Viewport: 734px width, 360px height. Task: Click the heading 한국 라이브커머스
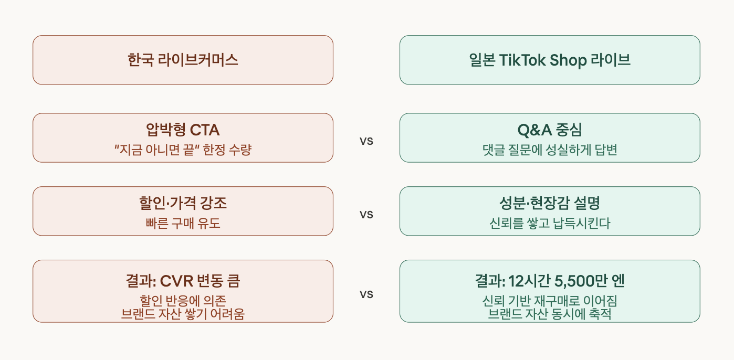coord(183,60)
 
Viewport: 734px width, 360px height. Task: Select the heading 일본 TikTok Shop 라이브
coord(550,60)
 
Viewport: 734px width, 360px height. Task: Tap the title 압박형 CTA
coord(183,130)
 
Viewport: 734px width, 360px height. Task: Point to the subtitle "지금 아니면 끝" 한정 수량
coord(183,150)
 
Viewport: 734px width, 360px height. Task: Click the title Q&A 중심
coord(550,130)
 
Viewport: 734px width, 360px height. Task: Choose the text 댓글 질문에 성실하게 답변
coord(550,150)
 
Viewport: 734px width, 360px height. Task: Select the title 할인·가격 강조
coord(183,203)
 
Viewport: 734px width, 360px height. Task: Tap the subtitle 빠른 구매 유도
coord(183,224)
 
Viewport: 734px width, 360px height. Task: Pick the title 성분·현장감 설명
coord(550,203)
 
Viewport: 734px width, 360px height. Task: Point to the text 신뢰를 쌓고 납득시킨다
coord(550,224)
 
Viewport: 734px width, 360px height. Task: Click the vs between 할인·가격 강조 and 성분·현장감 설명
coord(366,214)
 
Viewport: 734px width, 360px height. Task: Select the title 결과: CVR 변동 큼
coord(183,281)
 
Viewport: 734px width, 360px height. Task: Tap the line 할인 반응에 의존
coord(183,301)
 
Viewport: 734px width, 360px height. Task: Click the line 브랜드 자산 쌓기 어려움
coord(183,314)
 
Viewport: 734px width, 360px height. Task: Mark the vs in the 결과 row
coord(366,294)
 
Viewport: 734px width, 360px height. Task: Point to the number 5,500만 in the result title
coord(578,281)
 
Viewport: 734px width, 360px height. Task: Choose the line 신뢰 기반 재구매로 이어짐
coord(550,301)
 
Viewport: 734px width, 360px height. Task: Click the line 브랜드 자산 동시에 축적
coord(550,314)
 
